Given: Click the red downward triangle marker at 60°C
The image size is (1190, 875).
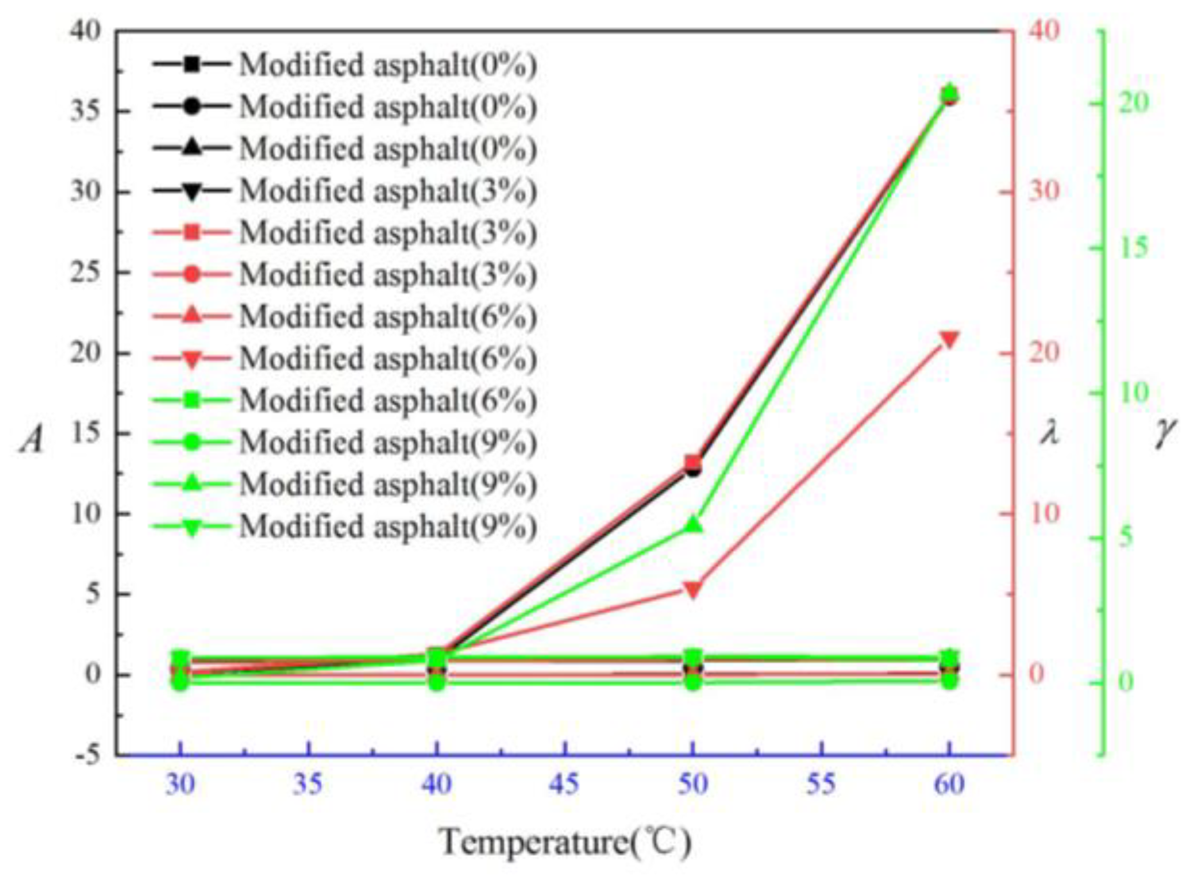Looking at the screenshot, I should (x=950, y=339).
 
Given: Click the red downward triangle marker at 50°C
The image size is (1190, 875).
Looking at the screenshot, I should (x=692, y=588).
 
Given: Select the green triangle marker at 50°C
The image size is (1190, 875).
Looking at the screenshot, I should (x=693, y=525).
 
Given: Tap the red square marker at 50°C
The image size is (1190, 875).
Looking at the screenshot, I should (x=692, y=462).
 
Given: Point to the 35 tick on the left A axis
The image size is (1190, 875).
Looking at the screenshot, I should (x=85, y=111).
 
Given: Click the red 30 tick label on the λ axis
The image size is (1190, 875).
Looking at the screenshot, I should (x=1043, y=190).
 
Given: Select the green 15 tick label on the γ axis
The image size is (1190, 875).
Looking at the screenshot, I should (x=1134, y=247).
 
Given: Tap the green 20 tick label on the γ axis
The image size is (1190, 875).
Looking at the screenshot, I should (x=1134, y=103).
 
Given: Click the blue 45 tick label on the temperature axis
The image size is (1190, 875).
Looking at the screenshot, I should (x=564, y=783).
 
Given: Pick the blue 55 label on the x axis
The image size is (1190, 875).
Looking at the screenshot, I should (x=821, y=783).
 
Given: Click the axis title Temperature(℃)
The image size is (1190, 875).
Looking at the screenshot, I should (x=565, y=841).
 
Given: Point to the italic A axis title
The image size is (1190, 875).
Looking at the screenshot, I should (x=31, y=440).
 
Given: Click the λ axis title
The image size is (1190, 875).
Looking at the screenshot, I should (x=1049, y=435).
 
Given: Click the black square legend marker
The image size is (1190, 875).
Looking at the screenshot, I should (x=191, y=64).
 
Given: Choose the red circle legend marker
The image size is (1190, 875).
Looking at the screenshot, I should (x=191, y=274).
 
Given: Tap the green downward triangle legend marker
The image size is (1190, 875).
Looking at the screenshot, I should (x=191, y=527).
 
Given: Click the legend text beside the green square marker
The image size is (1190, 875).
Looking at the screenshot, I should (x=388, y=401).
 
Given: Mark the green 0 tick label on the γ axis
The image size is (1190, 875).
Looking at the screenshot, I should (x=1126, y=682).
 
